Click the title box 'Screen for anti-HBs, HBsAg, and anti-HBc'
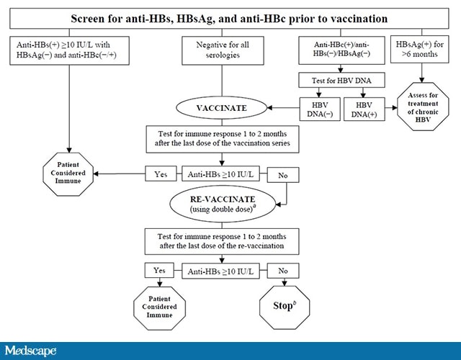[230, 17]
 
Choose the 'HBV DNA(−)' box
[317, 109]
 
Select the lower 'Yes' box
[159, 271]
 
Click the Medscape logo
[30, 350]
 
